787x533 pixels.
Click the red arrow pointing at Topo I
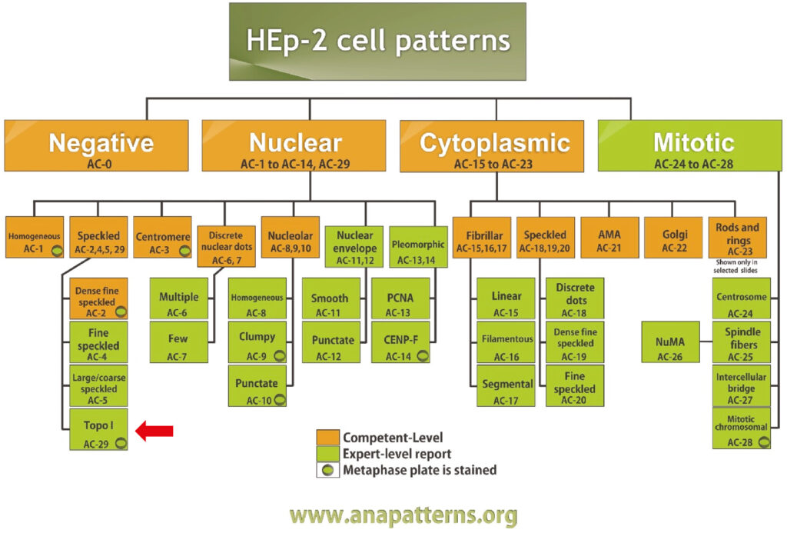[x=154, y=431]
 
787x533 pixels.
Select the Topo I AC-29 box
[x=98, y=429]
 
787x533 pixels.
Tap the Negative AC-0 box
[x=96, y=145]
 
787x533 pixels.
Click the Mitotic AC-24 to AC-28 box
[x=689, y=145]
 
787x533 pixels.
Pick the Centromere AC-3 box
[x=163, y=237]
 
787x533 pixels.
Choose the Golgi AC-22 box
[x=673, y=237]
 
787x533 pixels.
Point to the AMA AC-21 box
[x=609, y=237]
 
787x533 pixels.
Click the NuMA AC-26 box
[x=670, y=342]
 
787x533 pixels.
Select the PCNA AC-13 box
[x=400, y=298]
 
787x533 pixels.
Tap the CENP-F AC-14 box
[x=400, y=342]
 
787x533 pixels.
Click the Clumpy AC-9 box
[x=257, y=342]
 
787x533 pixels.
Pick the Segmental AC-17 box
[x=506, y=386]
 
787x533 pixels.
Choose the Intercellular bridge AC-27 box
[x=742, y=386]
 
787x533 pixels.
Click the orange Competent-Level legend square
[x=327, y=437]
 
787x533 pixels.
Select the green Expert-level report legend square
[x=327, y=453]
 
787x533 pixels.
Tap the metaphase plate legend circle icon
[x=327, y=470]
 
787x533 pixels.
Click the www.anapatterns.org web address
[x=403, y=515]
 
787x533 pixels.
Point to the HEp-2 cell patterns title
[x=378, y=42]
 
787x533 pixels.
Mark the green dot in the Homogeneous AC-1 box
[x=58, y=251]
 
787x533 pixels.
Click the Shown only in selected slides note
[x=736, y=266]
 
